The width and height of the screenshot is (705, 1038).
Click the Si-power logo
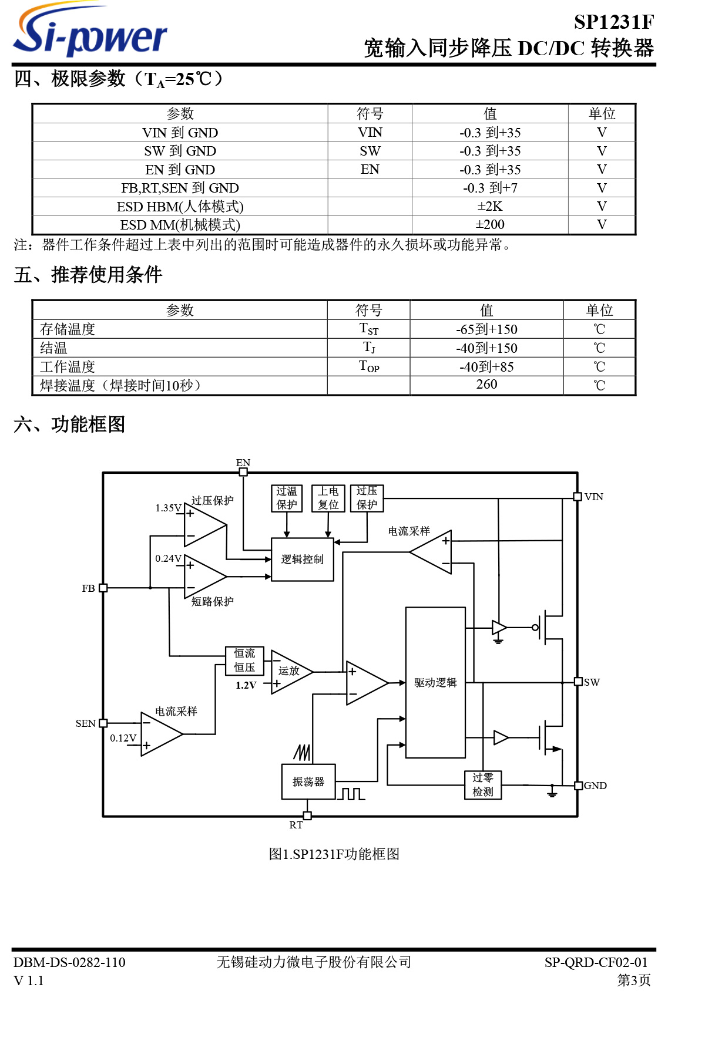89,32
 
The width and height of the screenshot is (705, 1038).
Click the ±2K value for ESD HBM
489,207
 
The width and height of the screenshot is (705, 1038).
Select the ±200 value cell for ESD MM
489,225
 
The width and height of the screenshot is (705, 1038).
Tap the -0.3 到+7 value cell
489,188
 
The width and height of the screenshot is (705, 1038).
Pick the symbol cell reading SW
370,151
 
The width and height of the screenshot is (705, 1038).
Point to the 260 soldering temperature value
486,385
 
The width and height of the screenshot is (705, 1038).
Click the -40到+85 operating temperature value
486,367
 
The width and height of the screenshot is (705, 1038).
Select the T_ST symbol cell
369,329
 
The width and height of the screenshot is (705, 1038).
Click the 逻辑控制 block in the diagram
302,560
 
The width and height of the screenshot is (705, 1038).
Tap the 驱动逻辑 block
435,682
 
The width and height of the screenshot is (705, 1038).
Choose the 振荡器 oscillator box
308,781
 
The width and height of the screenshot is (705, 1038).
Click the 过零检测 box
483,785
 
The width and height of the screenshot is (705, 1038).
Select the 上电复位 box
328,498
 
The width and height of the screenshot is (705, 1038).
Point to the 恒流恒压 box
244,660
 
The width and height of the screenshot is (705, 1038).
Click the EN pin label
243,463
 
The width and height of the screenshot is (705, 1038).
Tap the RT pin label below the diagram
296,825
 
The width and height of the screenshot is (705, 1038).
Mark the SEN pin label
85,723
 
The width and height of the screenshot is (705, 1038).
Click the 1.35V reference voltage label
168,508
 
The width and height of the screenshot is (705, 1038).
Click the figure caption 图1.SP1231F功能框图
334,854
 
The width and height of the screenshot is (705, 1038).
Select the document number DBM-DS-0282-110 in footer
69,962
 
